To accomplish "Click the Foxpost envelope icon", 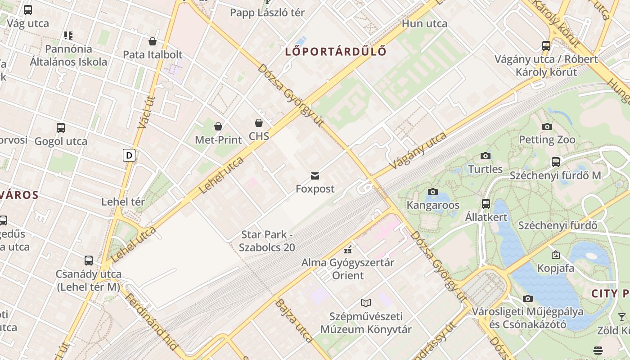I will (315, 176).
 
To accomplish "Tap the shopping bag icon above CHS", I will (259, 123).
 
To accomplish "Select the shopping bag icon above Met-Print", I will (218, 126).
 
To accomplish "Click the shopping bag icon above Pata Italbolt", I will (153, 41).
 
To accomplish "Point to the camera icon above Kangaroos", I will (432, 192).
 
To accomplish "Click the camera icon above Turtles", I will (485, 156).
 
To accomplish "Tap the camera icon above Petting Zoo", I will (547, 126).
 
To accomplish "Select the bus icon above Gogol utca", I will (61, 128).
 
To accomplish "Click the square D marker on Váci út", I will (129, 156).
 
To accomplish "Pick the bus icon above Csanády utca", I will (89, 261).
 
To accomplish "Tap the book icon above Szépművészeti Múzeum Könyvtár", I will (365, 303).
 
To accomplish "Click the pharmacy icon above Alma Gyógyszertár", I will (347, 249).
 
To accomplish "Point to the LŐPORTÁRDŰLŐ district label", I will (336, 51).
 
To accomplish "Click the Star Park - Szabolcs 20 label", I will (267, 241).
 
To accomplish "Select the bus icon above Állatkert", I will (486, 204).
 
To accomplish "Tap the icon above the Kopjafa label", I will (555, 255).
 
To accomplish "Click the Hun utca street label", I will (424, 23).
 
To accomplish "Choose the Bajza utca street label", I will (293, 320).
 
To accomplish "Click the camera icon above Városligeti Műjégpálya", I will (527, 298).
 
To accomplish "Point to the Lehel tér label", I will (123, 202).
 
